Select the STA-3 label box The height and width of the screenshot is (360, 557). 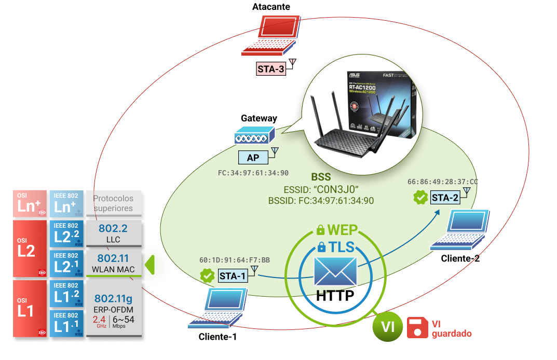pos(270,68)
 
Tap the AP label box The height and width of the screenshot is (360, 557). pos(253,158)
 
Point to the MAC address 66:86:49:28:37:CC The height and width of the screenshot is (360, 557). pos(442,182)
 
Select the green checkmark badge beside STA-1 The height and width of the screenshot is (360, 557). pos(208,276)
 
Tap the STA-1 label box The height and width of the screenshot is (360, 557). pos(232,276)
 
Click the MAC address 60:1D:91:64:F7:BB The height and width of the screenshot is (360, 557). pos(234,260)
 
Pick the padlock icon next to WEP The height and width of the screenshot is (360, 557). pos(320,229)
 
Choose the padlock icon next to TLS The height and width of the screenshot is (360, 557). pos(322,247)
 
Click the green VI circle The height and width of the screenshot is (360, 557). pos(387,327)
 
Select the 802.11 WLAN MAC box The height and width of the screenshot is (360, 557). pos(113,264)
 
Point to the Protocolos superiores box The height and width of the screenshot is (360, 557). pos(113,203)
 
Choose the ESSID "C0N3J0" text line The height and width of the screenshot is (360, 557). pos(321,189)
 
